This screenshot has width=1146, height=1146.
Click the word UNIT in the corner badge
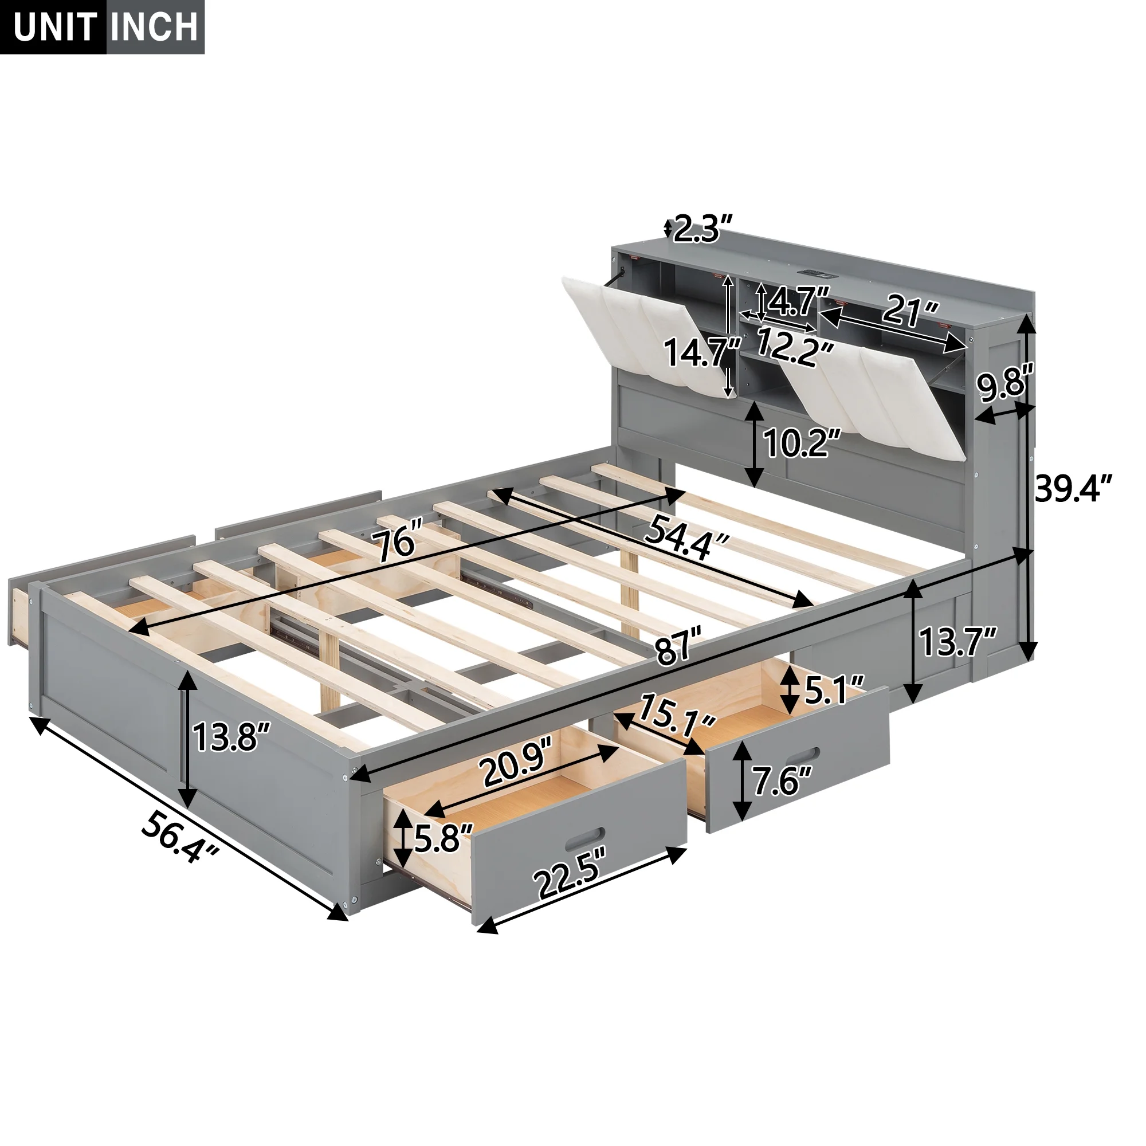54,27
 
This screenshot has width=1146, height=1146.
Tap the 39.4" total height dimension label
1073,488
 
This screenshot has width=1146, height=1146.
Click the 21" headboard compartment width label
910,309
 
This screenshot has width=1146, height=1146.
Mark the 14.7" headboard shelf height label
702,352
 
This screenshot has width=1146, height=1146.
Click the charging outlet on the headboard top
816,273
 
